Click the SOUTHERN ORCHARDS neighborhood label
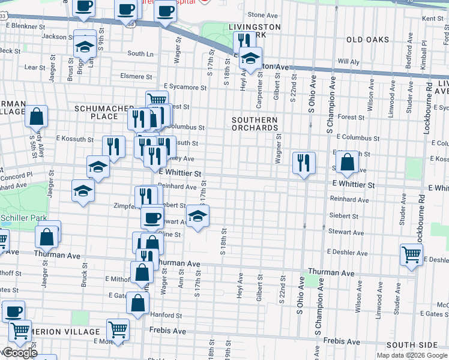coord(256,124)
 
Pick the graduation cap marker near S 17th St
coord(197,216)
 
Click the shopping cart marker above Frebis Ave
coord(118,328)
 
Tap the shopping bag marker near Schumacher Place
coord(37,116)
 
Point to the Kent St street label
coord(432,19)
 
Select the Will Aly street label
coord(348,61)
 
